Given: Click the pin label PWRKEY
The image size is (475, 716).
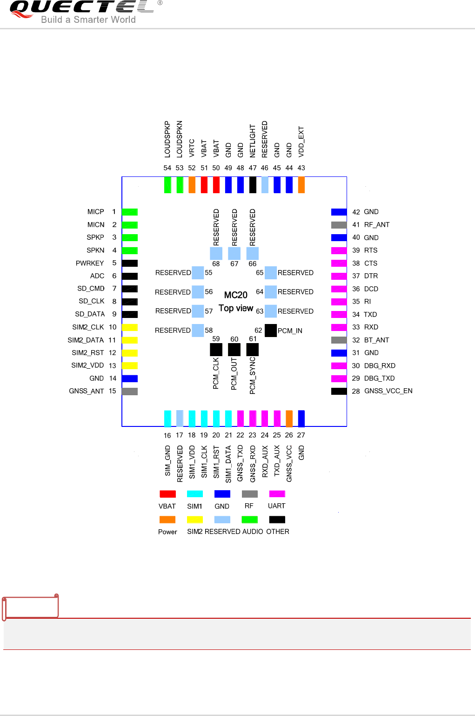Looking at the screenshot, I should point(90,263).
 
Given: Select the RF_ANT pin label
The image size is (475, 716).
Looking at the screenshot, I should point(377,225).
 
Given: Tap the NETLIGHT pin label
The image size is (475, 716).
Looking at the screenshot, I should point(253,141).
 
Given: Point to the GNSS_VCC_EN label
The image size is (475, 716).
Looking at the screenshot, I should point(388,391).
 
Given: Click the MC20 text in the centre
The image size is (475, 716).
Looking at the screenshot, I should point(236,295).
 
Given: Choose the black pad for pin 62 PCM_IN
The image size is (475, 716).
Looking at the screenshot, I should point(270,331).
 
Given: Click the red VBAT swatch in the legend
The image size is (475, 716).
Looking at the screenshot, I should point(167,494).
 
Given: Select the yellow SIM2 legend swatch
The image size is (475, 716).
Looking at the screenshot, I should point(195,520).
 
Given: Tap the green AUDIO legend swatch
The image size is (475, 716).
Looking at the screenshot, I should point(250,520).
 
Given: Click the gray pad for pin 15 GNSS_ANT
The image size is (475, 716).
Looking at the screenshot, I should point(130,392).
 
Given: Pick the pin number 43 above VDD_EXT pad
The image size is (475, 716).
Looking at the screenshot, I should point(301,168).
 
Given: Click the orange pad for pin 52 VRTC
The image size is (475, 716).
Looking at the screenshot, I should point(192,185).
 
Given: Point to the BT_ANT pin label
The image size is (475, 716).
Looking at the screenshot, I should point(377,340).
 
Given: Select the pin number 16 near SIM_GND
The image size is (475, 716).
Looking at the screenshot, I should point(167,436).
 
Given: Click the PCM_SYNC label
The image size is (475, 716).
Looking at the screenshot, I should point(253,376).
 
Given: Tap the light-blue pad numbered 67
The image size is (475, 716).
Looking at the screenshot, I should point(234,253).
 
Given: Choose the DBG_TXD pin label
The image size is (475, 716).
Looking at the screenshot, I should point(379,378).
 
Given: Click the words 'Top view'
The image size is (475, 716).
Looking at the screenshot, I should point(236,308).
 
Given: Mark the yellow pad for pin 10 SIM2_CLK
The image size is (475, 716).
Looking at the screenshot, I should point(130,327).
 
